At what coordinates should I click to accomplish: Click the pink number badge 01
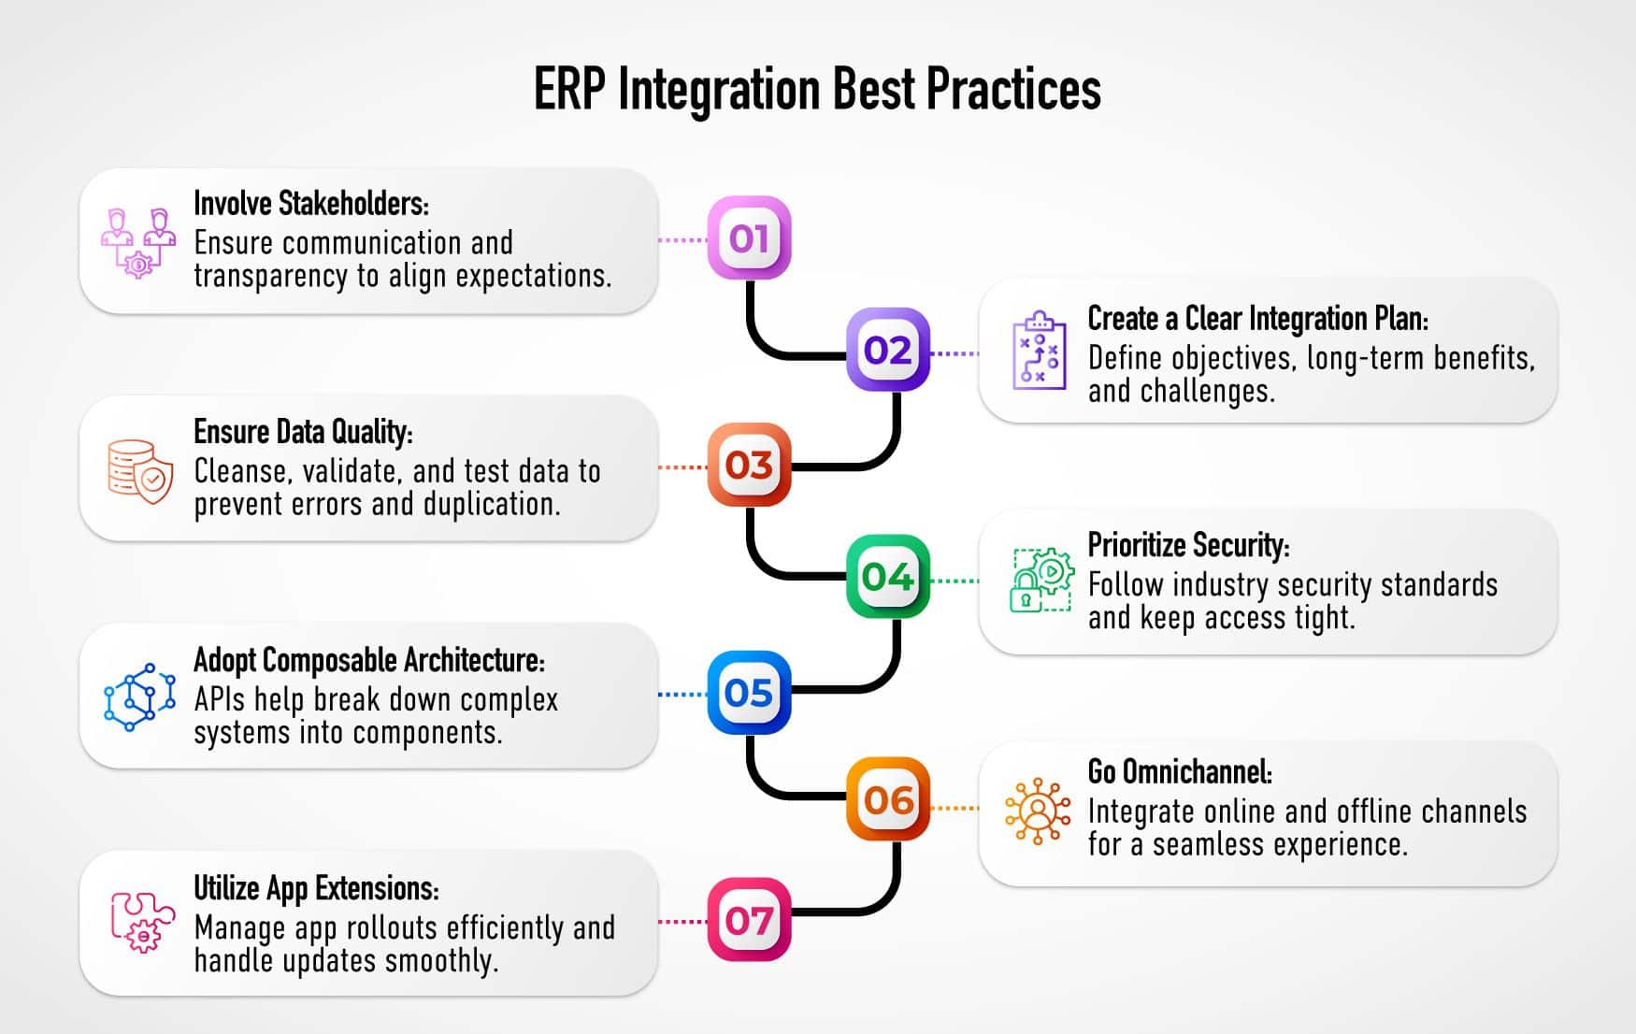[749, 237]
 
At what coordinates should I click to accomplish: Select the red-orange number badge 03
[749, 465]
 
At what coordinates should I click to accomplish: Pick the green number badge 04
[888, 576]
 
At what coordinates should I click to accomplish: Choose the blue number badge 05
[749, 693]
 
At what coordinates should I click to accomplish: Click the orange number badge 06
[888, 799]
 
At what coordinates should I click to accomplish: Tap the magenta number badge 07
[749, 920]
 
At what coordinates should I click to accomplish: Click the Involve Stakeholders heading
[310, 203]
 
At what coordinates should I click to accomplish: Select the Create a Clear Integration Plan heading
[1257, 318]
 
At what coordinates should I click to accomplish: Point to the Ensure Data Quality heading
[303, 431]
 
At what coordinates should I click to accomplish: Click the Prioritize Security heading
[1188, 545]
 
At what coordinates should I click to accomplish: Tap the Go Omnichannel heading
[1179, 772]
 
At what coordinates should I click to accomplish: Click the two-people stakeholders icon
[138, 242]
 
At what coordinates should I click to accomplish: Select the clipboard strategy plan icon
[1039, 352]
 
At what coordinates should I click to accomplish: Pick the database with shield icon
[139, 471]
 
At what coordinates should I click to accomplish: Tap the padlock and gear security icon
[1041, 580]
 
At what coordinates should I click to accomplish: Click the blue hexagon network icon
[139, 697]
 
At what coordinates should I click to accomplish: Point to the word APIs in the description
[220, 699]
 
